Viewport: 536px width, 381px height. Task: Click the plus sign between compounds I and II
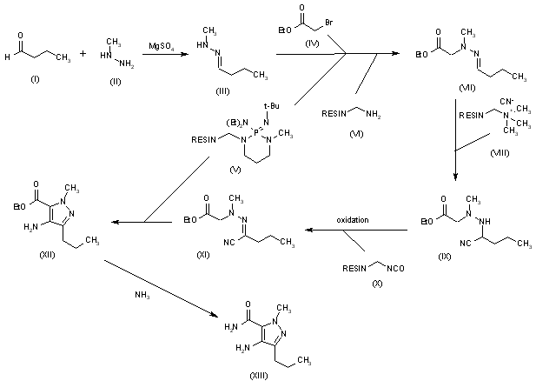[x=83, y=54]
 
